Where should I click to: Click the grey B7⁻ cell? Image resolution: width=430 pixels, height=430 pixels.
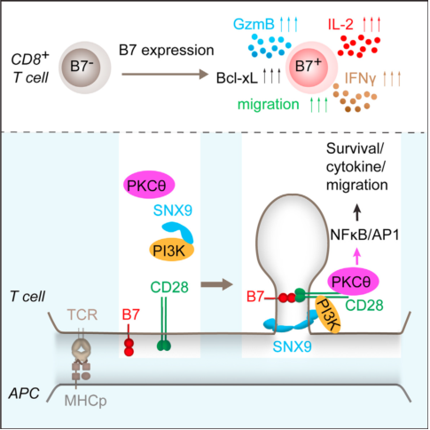click(85, 68)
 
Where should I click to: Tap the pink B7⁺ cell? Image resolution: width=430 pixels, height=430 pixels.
click(311, 68)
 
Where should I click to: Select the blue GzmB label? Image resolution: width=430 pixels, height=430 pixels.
click(254, 24)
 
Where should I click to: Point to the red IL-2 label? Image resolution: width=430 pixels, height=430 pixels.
click(340, 24)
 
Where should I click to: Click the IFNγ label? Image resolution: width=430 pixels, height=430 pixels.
click(360, 78)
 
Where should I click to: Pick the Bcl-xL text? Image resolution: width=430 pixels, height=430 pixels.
click(237, 78)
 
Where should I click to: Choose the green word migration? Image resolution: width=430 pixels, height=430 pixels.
click(269, 104)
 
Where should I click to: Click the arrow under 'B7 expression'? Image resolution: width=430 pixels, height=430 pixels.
click(165, 74)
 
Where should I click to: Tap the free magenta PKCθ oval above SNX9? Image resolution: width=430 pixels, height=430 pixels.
click(149, 185)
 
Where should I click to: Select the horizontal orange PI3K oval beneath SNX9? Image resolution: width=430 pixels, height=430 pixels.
click(171, 250)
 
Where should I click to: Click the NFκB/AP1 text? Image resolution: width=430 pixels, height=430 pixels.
click(364, 235)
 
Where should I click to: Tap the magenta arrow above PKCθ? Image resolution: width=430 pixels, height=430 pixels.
click(357, 256)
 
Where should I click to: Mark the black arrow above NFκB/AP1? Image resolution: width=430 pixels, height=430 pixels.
click(357, 212)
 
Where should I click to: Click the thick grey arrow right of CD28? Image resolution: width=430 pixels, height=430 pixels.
click(217, 284)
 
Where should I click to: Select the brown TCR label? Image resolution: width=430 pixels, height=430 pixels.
click(82, 315)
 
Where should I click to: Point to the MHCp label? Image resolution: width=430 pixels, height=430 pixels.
click(85, 401)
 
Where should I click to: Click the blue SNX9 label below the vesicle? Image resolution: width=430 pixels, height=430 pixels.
click(292, 346)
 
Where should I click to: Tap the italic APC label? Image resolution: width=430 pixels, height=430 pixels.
click(24, 394)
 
